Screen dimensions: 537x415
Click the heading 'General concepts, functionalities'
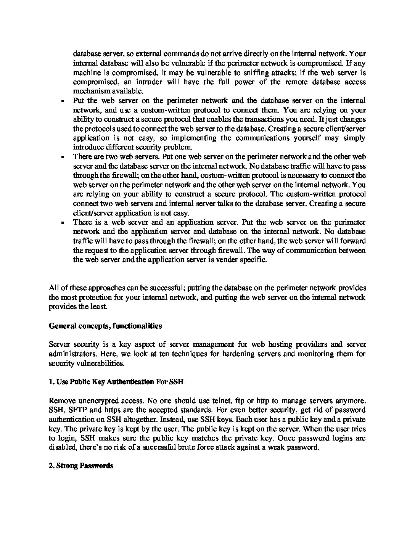tap(105, 326)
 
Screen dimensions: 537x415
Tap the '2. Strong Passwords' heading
tap(81, 466)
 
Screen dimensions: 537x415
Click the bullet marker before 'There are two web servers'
tap(61, 157)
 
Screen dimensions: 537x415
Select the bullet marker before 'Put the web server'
tap(61, 101)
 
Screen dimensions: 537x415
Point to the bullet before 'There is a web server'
tap(61, 223)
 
